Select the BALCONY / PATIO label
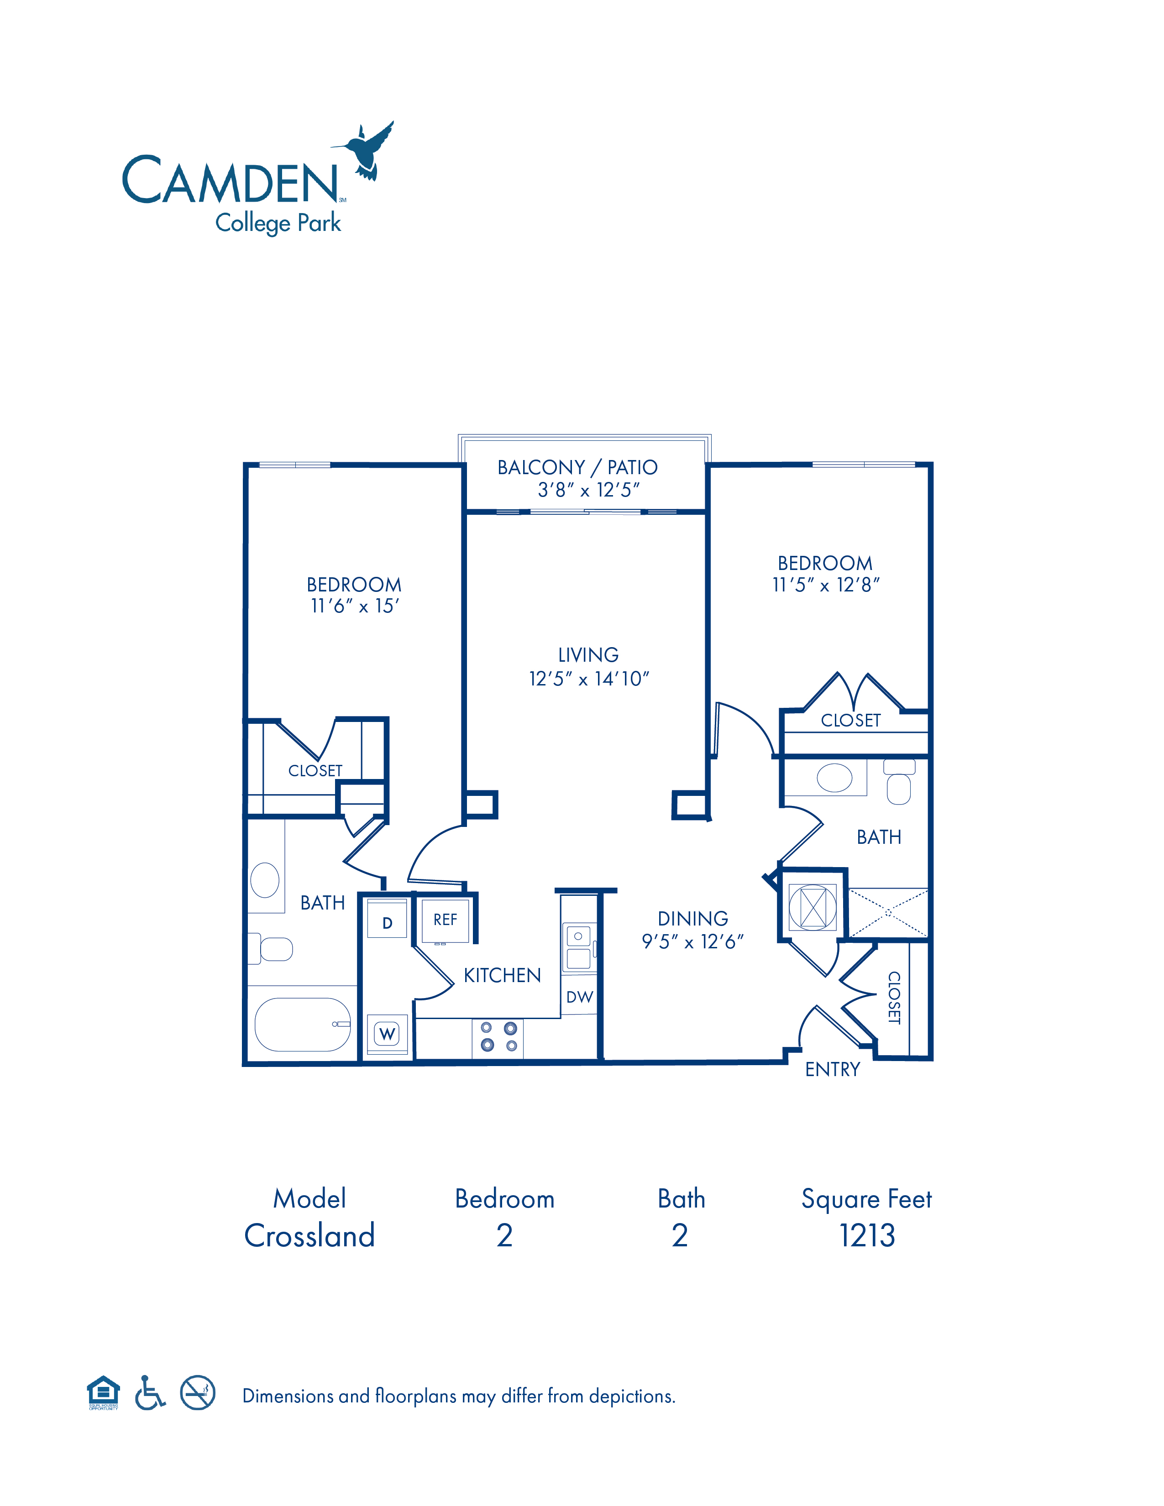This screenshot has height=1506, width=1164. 577,467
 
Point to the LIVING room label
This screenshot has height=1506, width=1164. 588,655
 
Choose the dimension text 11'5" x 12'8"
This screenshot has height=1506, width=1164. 825,585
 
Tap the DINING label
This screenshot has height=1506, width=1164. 692,919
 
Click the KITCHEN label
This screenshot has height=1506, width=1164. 502,975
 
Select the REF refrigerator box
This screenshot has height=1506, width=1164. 445,920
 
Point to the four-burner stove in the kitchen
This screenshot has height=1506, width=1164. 498,1037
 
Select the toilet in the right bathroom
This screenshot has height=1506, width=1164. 899,781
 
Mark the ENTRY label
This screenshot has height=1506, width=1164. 832,1070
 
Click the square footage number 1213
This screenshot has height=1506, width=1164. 867,1235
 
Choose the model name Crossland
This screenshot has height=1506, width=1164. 309,1235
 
